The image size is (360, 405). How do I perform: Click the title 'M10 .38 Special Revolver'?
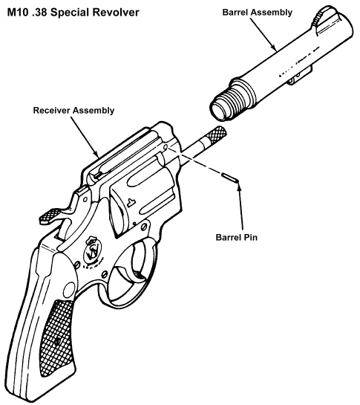(72, 13)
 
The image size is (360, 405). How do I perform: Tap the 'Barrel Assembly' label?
(258, 13)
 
